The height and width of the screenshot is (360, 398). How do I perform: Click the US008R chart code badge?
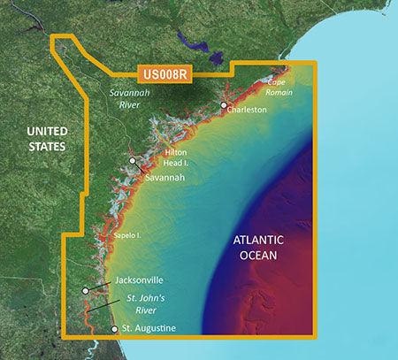[x=164, y=76]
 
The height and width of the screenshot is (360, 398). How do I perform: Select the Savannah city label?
[x=165, y=177]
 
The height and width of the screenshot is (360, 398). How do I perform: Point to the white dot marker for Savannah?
[x=133, y=161]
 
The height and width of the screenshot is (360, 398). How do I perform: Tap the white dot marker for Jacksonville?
[x=86, y=289]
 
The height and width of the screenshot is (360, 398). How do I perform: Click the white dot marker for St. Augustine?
[x=114, y=329]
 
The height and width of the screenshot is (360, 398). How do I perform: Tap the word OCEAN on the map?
[x=254, y=256]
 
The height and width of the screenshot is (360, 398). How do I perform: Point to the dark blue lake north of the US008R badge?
[x=188, y=41]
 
